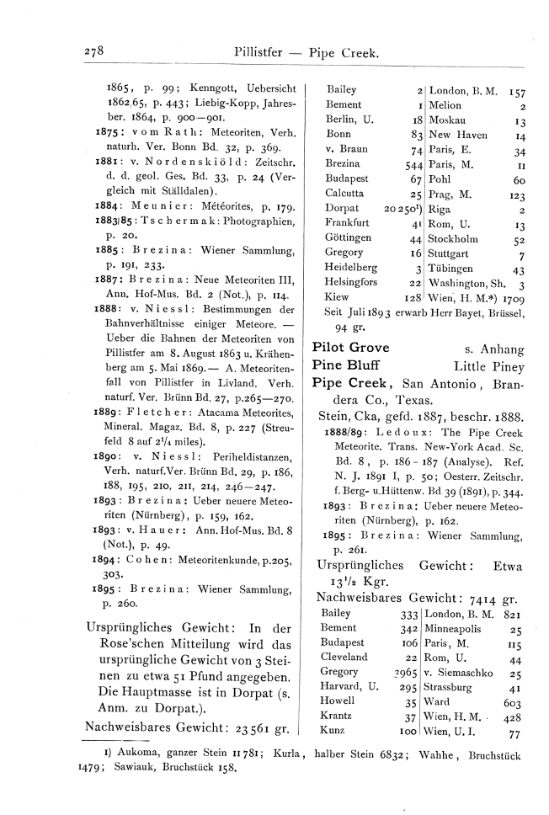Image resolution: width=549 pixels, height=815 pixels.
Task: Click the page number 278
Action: [x=93, y=52]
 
